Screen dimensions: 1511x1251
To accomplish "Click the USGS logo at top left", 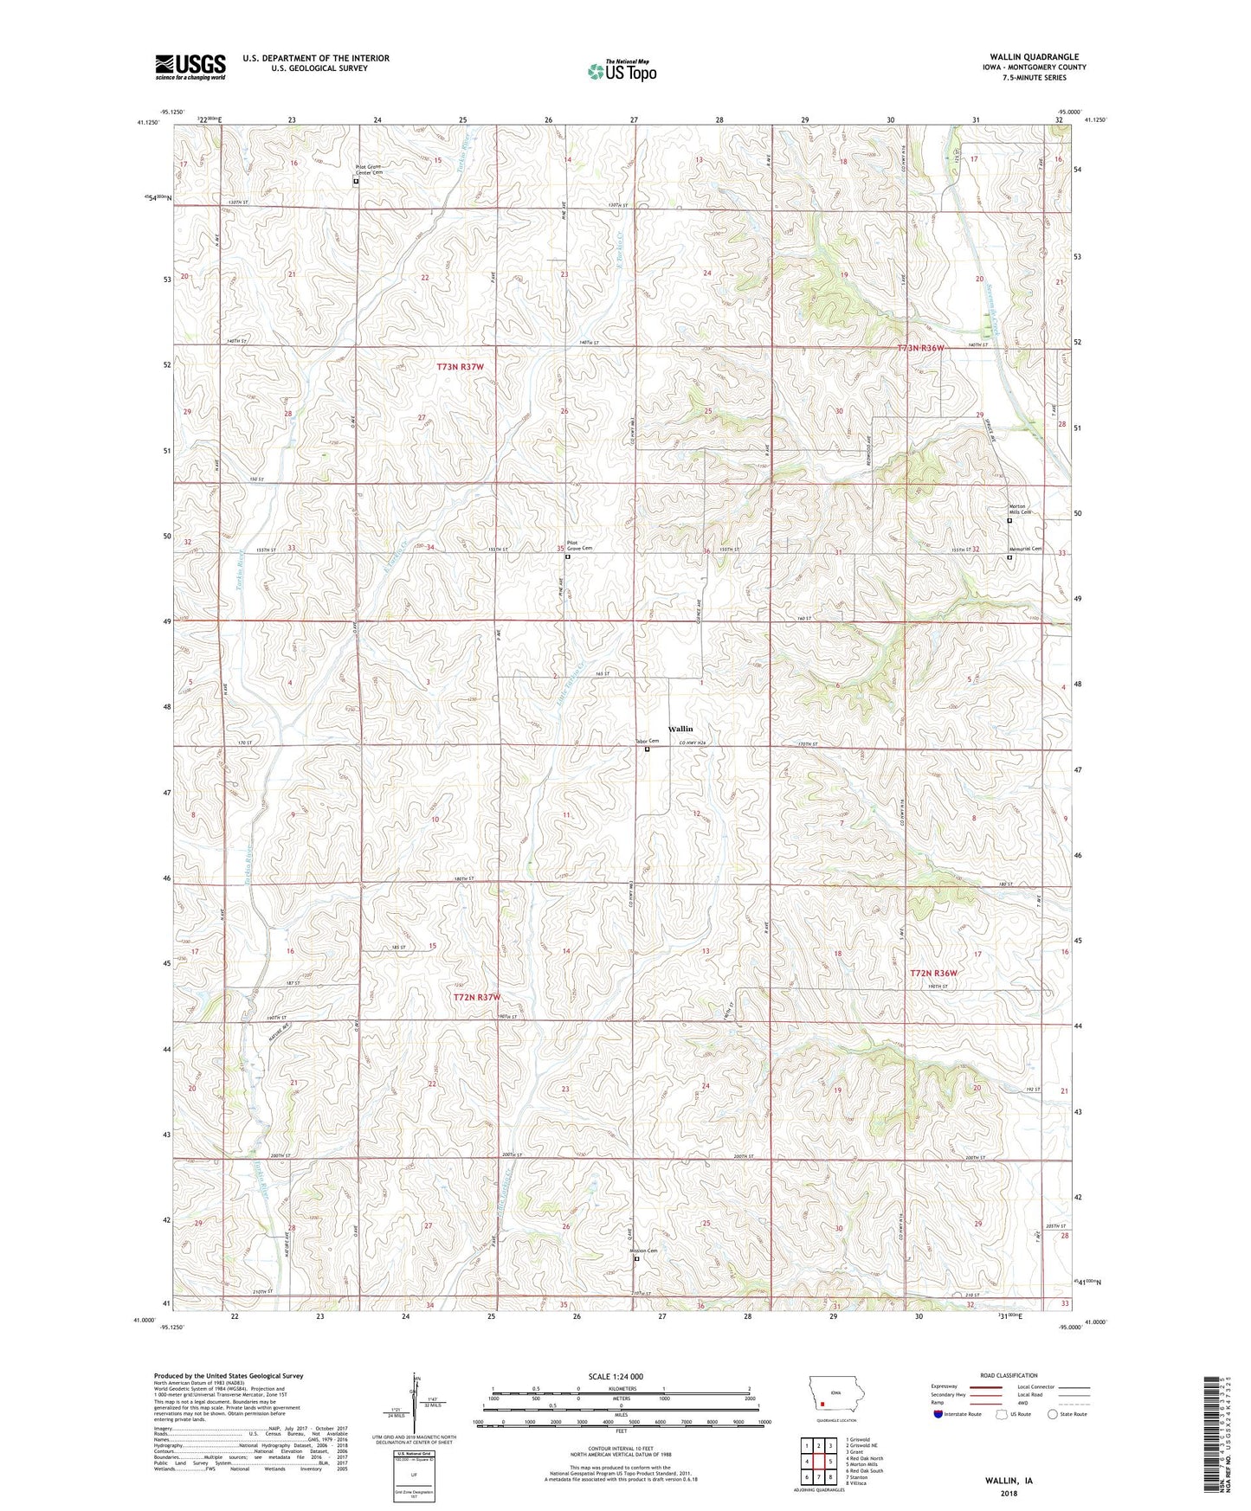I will [x=190, y=67].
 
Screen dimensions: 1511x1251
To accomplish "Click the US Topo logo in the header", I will [x=622, y=71].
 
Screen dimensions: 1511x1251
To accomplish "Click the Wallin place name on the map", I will [x=680, y=729].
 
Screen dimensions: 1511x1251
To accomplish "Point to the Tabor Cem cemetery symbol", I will [x=647, y=749].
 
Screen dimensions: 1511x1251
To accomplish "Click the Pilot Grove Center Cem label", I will [x=369, y=169].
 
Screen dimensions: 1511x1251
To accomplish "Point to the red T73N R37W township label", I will [x=460, y=367].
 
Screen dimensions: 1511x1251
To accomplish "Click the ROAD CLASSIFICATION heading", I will [x=1010, y=1375].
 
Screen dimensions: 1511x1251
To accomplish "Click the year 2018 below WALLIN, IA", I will [x=1009, y=1493].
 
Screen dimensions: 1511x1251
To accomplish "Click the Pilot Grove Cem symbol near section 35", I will [x=568, y=557].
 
